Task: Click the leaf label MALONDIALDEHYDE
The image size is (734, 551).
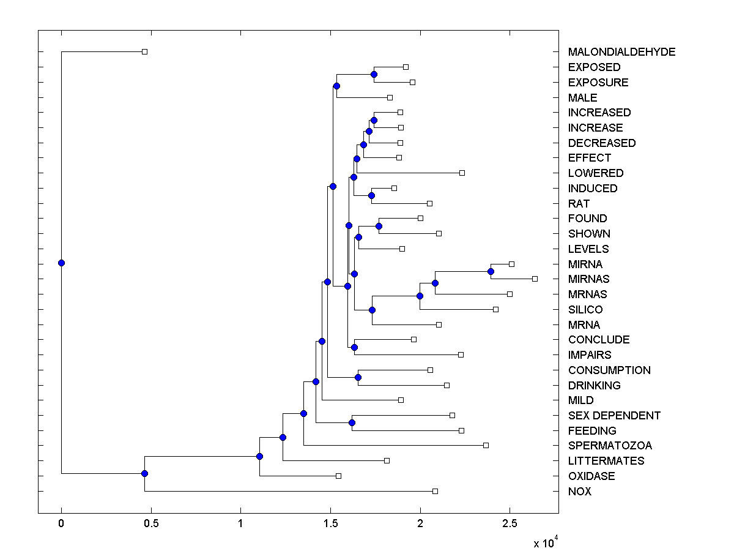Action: pos(621,52)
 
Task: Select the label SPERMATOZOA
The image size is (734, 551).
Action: pos(610,446)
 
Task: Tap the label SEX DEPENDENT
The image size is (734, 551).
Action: pos(614,416)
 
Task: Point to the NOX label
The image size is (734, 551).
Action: pos(579,492)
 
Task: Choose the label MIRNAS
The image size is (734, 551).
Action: pos(588,279)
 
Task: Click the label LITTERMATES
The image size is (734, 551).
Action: pos(606,461)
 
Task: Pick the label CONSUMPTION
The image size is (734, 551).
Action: pos(609,370)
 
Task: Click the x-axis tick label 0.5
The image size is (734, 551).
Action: pos(150,523)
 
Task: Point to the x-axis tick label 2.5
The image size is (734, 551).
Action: pos(510,523)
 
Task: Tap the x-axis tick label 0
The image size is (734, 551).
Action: pos(61,523)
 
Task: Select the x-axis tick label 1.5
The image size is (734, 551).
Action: pos(330,523)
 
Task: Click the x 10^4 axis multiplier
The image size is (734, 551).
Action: pos(546,542)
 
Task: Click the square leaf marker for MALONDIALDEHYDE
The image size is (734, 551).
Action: pos(144,52)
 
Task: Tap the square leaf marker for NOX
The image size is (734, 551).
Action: pos(435,491)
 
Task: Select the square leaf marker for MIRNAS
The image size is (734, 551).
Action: pos(535,279)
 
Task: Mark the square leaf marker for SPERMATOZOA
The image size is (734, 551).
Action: pos(486,445)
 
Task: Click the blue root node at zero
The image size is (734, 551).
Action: pos(61,263)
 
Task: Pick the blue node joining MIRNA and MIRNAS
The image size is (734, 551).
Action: pos(491,271)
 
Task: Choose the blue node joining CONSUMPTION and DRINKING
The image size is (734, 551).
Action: pos(358,377)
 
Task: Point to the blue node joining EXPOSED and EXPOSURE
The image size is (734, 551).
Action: pos(374,74)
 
